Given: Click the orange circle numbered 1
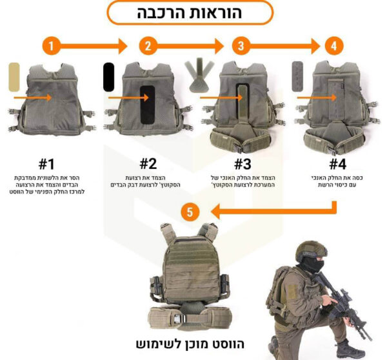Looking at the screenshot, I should [x=52, y=46].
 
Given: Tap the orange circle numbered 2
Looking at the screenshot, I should [x=148, y=46].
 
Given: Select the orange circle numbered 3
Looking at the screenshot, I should [x=241, y=46].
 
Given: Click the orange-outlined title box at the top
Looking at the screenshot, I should [x=190, y=12].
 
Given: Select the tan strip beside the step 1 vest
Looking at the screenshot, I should [x=15, y=82].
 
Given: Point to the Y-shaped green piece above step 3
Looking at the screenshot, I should [x=197, y=74].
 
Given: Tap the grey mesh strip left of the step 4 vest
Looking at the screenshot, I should [x=299, y=77].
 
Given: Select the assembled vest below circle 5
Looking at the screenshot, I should [x=192, y=274].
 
